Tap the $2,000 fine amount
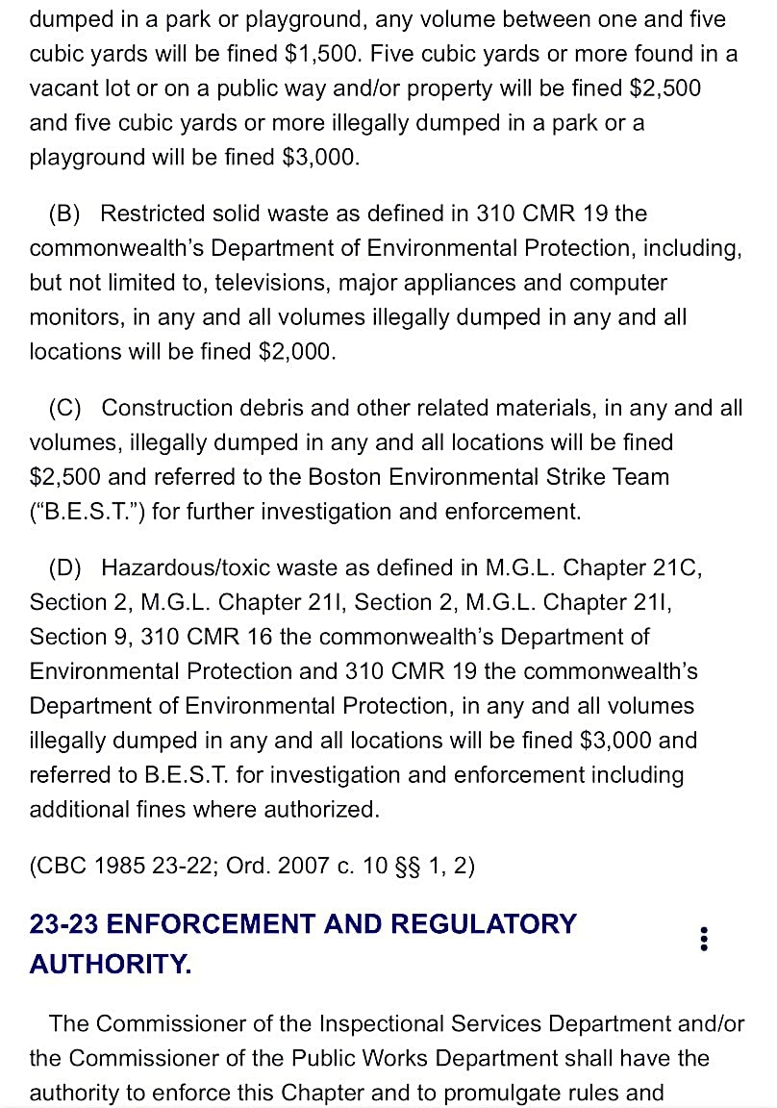297,352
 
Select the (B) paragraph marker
65,214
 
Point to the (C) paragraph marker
65,408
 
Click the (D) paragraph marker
65,567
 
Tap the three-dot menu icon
705,940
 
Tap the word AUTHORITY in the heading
111,964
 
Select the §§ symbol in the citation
410,866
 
